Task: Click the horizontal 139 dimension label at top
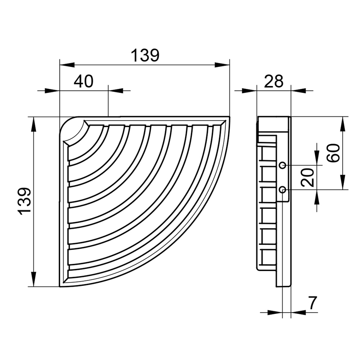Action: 145,55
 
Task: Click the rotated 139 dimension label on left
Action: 25,201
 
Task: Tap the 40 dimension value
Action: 83,81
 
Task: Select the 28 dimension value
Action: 274,81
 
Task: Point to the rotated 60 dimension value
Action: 333,153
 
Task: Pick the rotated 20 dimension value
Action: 307,177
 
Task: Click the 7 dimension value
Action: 312,303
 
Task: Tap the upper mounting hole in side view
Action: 283,165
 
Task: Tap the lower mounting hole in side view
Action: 283,190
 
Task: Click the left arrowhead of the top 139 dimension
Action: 67,65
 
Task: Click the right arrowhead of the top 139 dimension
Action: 222,65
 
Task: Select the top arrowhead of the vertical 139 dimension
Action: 33,124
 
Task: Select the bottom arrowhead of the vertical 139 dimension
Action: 33,279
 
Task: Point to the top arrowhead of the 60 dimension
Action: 343,124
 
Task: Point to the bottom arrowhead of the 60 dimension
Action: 343,182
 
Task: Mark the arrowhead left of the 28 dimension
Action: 249,91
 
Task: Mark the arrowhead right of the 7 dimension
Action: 298,312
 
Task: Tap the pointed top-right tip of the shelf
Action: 230,117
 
